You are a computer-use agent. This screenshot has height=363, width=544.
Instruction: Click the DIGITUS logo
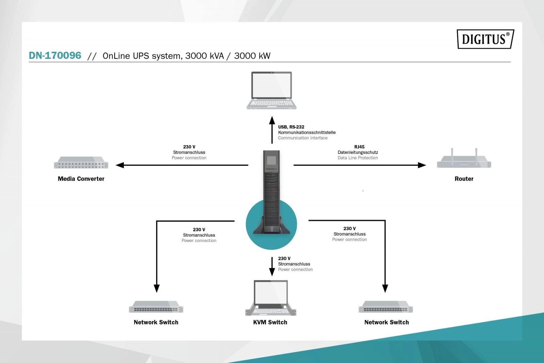(x=485, y=39)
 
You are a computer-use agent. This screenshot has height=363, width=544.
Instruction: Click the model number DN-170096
(x=55, y=56)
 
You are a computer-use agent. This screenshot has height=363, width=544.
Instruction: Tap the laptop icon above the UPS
(x=271, y=90)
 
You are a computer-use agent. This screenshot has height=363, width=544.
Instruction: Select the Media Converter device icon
(x=81, y=163)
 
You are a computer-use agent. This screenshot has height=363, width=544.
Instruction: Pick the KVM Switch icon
(x=271, y=298)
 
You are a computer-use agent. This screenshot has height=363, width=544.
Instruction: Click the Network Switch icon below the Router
(x=386, y=306)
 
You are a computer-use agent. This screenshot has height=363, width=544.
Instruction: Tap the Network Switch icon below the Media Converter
(x=156, y=306)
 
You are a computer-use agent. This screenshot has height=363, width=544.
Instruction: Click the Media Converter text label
(x=81, y=179)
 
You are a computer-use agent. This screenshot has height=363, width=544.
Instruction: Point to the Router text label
(x=464, y=179)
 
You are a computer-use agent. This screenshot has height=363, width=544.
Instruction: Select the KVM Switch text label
(x=270, y=322)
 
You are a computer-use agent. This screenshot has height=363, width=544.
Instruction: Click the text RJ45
(x=359, y=147)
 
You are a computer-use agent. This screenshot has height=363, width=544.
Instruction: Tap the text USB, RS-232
(x=291, y=127)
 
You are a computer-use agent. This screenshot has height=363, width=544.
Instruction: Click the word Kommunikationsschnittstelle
(x=307, y=132)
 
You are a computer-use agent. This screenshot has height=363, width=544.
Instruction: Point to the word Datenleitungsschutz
(x=358, y=152)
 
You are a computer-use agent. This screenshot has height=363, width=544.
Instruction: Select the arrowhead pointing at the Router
(x=422, y=165)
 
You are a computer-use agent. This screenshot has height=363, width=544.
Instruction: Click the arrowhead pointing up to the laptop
(x=272, y=120)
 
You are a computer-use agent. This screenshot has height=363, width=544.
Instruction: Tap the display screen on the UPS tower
(x=271, y=161)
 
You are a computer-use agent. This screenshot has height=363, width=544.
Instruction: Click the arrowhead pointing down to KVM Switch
(x=272, y=272)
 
